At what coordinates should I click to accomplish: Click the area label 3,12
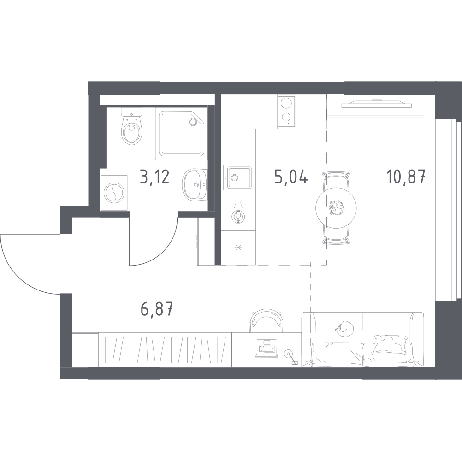(x=154, y=177)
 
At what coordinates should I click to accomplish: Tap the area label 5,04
(x=291, y=177)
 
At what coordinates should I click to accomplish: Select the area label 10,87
(x=406, y=177)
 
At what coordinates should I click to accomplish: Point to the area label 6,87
(x=157, y=310)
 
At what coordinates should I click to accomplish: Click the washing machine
(x=114, y=193)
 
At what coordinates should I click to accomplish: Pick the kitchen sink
(x=238, y=177)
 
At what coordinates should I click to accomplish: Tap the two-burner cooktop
(x=286, y=111)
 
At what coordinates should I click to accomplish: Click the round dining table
(x=336, y=208)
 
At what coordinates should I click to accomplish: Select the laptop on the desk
(x=267, y=349)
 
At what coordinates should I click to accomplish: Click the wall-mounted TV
(x=377, y=103)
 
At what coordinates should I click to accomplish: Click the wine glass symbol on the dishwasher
(x=238, y=215)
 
